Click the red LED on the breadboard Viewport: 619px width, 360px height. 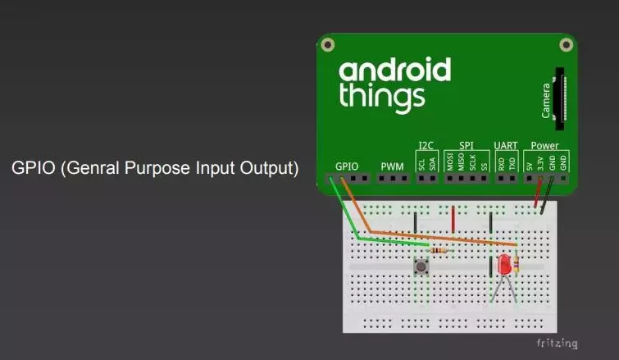point(503,265)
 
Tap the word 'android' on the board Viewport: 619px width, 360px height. point(394,71)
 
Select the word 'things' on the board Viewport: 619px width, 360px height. point(382,96)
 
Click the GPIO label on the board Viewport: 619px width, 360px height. point(347,166)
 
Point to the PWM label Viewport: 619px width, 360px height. point(393,166)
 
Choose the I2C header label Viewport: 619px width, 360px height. point(426,145)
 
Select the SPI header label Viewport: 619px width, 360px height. point(467,145)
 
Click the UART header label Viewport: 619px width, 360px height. point(505,145)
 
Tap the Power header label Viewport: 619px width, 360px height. point(544,145)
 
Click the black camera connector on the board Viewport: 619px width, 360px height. point(561,98)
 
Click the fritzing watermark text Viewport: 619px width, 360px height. point(558,343)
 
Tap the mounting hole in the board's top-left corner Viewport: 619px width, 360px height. point(327,44)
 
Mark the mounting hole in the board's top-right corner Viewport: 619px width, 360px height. point(566,44)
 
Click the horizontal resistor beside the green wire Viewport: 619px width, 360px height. point(439,249)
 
